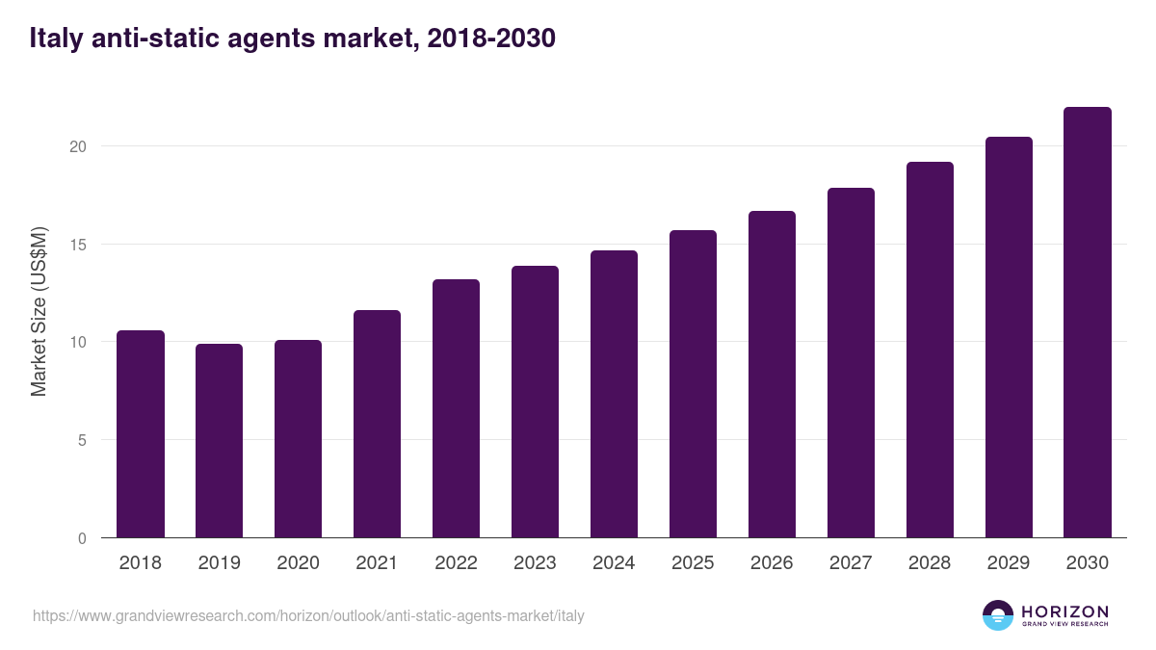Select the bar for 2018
coord(141,434)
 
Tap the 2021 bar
coord(378,424)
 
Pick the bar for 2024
coord(615,394)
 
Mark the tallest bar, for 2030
coord(1088,323)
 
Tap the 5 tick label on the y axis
coord(82,440)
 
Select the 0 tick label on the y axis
coord(82,538)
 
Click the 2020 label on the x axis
coord(299,563)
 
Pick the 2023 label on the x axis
coord(536,563)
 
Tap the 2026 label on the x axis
coord(773,563)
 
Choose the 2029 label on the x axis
coord(1009,563)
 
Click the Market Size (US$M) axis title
coord(39,311)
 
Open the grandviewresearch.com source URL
coord(308,615)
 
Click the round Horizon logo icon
coord(998,615)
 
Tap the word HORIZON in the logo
coord(1064,611)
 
